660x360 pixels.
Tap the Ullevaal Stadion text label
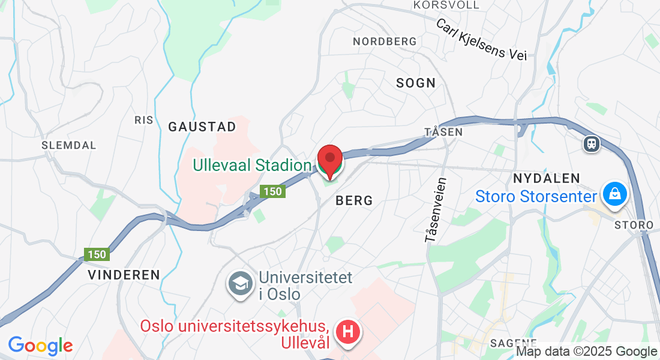coord(252,164)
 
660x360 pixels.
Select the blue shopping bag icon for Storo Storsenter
coord(615,195)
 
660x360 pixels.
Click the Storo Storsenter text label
coord(536,196)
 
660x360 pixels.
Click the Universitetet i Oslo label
coord(305,286)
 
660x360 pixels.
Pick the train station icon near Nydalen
coord(592,143)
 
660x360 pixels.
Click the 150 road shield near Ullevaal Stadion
coord(272,191)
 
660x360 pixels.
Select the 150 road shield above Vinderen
coord(96,254)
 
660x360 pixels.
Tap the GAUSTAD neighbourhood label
coord(202,127)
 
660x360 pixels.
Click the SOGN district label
coord(416,83)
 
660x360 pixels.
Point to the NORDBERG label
coord(385,41)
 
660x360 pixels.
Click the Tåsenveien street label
coord(436,210)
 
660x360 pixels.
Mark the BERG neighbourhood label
coord(354,200)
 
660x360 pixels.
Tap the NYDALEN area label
coord(547,178)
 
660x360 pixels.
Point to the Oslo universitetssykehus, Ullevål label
coord(235,334)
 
